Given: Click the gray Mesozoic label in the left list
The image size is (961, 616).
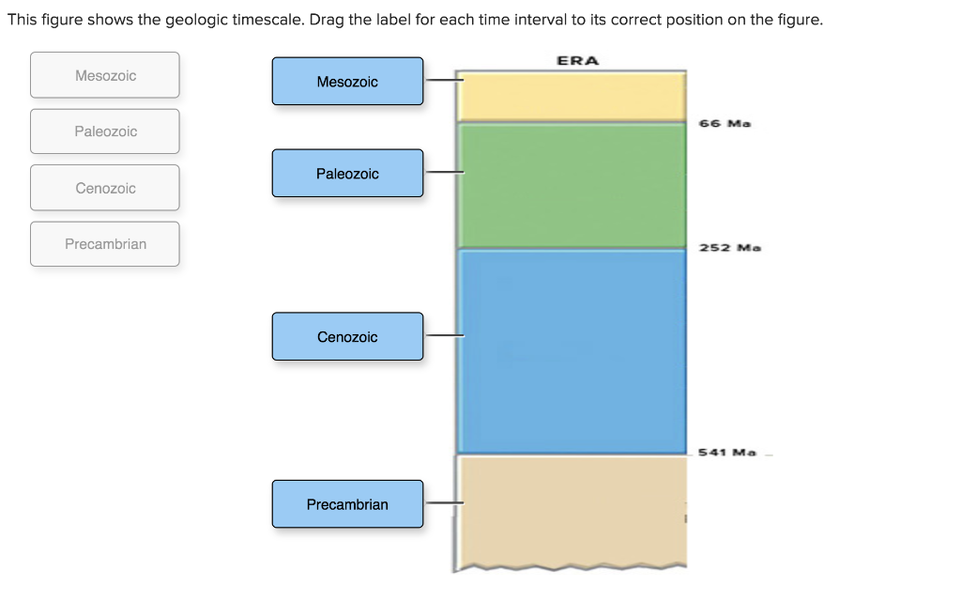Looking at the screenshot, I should click(105, 75).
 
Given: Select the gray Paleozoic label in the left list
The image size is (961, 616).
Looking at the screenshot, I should click(105, 131).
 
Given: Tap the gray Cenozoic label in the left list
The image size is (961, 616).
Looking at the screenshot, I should click(105, 188).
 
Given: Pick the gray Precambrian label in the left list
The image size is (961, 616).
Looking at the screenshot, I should click(105, 244).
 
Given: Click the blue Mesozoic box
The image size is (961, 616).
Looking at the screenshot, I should click(347, 82).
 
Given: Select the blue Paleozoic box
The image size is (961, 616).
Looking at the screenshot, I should click(347, 174).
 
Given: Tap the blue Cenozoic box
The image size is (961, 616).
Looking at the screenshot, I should click(347, 337).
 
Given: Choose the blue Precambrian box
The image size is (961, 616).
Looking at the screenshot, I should click(347, 504).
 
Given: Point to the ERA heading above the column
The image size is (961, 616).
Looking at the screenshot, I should click(577, 61).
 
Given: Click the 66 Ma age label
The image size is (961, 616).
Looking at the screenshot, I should click(725, 123).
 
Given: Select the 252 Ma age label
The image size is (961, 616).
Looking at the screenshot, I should click(729, 248).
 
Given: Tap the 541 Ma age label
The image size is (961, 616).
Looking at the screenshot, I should click(727, 453).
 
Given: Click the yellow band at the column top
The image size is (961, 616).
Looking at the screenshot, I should click(571, 97).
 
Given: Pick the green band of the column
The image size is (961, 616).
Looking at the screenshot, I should click(571, 185).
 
